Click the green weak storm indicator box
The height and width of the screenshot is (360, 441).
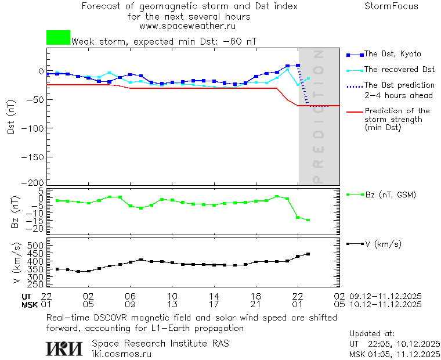(x=58, y=38)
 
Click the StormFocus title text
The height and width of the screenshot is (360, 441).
(x=391, y=6)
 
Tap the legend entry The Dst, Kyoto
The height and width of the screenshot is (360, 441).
(x=392, y=54)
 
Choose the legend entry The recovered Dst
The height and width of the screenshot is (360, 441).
(x=399, y=70)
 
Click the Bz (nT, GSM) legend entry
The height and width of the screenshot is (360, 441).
(x=391, y=195)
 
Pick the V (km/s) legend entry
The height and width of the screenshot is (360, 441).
(x=383, y=244)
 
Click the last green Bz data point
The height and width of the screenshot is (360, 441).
(x=308, y=220)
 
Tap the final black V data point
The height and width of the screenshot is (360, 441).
(x=308, y=254)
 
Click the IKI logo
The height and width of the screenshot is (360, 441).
(x=64, y=348)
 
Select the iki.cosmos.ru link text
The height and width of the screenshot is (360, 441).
(x=121, y=354)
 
